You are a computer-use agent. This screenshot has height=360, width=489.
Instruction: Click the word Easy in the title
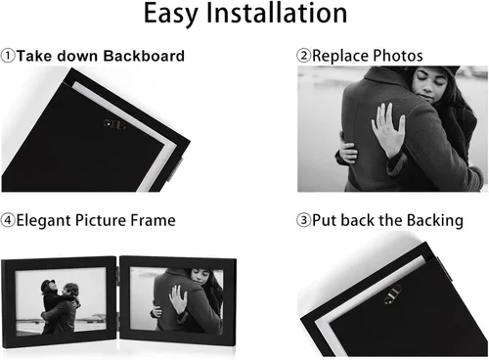[170, 14]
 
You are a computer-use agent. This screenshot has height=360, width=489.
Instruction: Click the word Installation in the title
[277, 13]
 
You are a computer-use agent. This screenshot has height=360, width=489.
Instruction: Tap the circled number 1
[8, 56]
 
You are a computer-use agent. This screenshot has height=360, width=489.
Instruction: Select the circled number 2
[303, 56]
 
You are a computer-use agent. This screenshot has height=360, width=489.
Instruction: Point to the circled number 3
[303, 220]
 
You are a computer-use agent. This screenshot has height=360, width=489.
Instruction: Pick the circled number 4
[8, 220]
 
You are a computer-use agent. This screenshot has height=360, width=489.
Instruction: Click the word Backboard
[144, 56]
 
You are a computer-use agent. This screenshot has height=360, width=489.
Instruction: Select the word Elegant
[44, 221]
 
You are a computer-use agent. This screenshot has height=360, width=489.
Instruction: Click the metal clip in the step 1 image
[114, 124]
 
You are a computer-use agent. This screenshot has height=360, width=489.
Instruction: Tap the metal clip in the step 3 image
[392, 294]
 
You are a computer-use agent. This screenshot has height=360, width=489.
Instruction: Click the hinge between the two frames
[118, 296]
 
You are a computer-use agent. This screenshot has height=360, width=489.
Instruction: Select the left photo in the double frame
[61, 301]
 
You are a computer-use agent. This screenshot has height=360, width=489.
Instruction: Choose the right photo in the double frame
[176, 299]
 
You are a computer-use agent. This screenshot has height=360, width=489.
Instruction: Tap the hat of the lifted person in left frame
[48, 285]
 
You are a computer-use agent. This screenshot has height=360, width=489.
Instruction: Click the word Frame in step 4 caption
[153, 220]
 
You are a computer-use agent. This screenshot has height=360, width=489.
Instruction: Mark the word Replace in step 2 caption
[340, 56]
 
